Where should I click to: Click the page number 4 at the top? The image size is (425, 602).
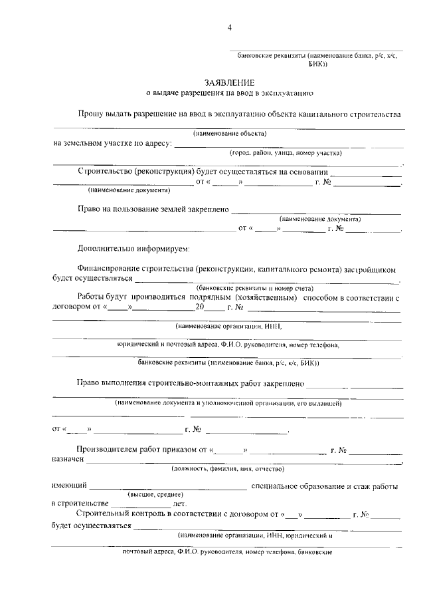click(230, 27)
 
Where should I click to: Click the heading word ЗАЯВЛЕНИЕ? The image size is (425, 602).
click(229, 83)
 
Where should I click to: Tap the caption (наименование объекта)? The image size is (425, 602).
click(230, 133)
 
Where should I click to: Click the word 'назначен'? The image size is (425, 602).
click(68, 459)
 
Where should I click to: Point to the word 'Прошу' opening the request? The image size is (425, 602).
click(90, 114)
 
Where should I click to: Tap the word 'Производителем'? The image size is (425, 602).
click(110, 450)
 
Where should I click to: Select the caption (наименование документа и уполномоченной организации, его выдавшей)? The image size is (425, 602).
click(228, 403)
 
